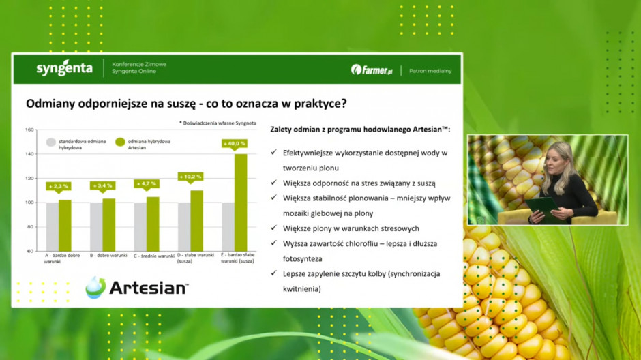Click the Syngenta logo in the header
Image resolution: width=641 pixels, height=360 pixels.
pyautogui.click(x=64, y=68)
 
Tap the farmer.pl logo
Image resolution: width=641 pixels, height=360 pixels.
pyautogui.click(x=372, y=70)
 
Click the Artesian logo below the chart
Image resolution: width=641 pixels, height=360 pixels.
pyautogui.click(x=137, y=287)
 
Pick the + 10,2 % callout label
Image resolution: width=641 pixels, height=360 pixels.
pyautogui.click(x=190, y=177)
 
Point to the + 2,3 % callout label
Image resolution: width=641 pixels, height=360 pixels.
pyautogui.click(x=59, y=187)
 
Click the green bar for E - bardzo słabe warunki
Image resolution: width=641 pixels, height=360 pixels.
pyautogui.click(x=241, y=202)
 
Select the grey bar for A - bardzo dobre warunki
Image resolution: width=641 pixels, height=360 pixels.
pyautogui.click(x=53, y=227)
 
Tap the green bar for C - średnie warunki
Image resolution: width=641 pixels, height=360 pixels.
pyautogui.click(x=153, y=224)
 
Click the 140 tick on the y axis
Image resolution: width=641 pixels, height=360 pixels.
pyautogui.click(x=29, y=154)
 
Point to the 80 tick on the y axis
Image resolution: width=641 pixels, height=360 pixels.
pyautogui.click(x=31, y=227)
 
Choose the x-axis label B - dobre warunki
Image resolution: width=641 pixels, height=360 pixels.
pyautogui.click(x=108, y=256)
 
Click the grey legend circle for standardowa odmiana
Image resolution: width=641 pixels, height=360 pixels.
pyautogui.click(x=51, y=142)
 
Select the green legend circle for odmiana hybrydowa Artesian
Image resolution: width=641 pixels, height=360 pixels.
pyautogui.click(x=120, y=142)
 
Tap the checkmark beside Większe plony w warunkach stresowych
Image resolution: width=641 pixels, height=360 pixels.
pyautogui.click(x=274, y=228)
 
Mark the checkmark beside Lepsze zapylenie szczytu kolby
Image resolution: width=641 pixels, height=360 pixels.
pyautogui.click(x=274, y=273)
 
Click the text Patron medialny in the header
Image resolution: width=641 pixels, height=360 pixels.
pyautogui.click(x=430, y=71)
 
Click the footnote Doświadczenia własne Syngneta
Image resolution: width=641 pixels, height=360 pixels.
pyautogui.click(x=218, y=123)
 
